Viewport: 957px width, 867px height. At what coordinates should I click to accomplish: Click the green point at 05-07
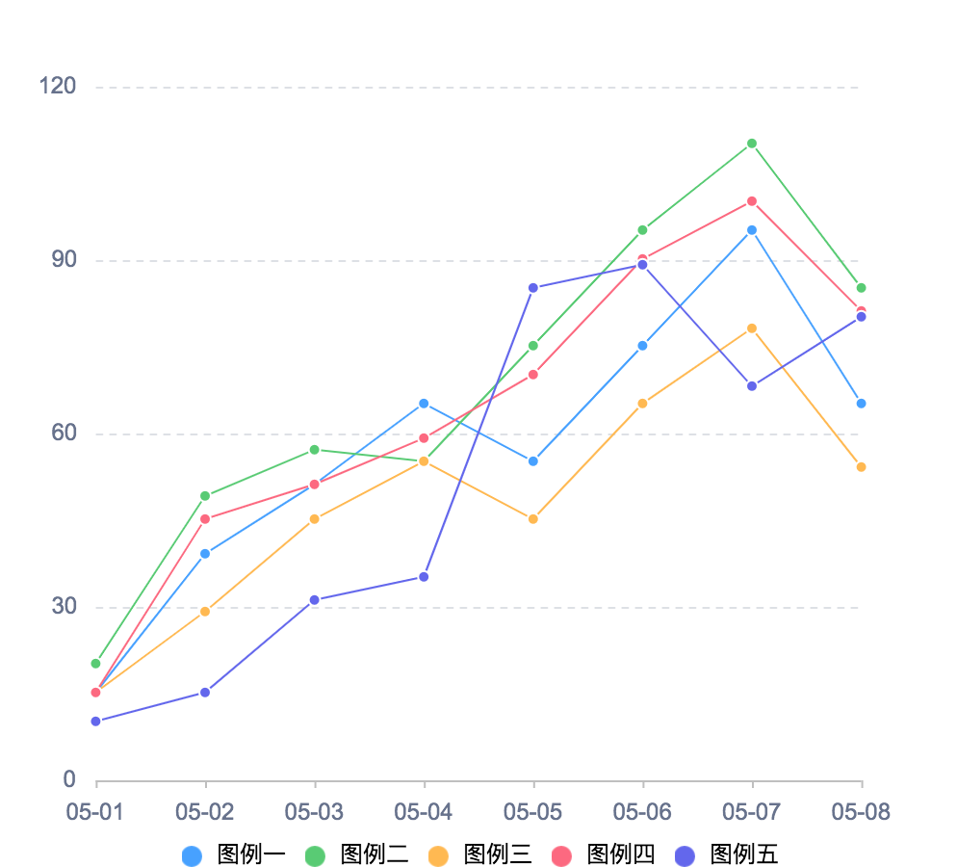tap(752, 144)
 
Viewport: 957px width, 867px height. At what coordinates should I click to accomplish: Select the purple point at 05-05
tap(533, 288)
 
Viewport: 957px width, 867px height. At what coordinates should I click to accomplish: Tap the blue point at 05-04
tap(424, 404)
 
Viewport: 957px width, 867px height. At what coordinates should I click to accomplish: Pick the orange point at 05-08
tap(861, 467)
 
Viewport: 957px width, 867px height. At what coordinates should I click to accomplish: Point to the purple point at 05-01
tap(95, 722)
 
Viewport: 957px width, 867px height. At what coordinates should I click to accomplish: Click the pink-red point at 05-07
tap(752, 201)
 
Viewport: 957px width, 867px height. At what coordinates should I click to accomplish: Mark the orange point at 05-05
tap(533, 519)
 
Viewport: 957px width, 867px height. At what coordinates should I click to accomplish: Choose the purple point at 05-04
tap(424, 577)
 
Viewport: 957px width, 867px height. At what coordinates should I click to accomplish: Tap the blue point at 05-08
tap(861, 404)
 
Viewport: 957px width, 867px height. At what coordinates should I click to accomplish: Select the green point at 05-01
tap(95, 664)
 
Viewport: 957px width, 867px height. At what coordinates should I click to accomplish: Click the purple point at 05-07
tap(752, 386)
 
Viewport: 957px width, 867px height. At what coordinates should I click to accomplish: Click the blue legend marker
tap(193, 856)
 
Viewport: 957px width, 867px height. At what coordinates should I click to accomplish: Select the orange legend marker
tap(439, 856)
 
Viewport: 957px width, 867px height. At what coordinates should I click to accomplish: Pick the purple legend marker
tap(685, 856)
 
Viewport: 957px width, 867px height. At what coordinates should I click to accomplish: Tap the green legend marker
tap(316, 856)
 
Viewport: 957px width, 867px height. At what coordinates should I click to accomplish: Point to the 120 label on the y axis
tap(57, 87)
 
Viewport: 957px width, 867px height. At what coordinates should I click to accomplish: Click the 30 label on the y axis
tap(64, 607)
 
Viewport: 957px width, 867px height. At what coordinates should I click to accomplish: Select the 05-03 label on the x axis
tap(314, 812)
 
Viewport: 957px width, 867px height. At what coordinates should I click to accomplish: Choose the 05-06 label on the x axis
tap(642, 812)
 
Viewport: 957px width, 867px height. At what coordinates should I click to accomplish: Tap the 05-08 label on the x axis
tap(861, 812)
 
